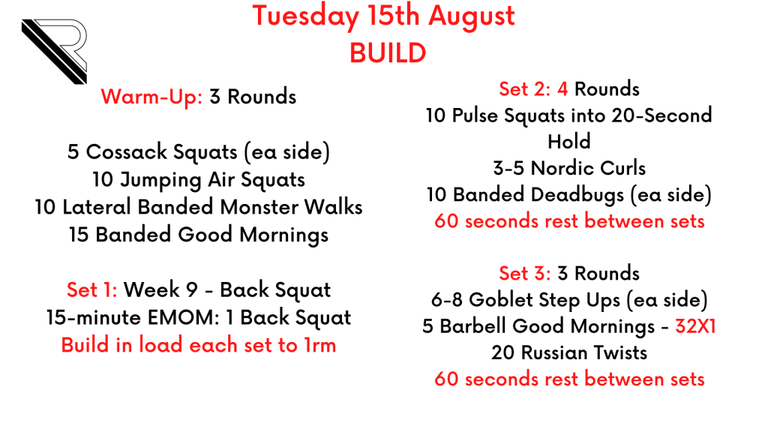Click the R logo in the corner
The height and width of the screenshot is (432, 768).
(x=54, y=51)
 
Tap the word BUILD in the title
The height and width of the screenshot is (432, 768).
(x=388, y=53)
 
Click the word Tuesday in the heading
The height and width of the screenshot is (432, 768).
(x=306, y=16)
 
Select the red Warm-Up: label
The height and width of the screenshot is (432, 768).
(x=151, y=97)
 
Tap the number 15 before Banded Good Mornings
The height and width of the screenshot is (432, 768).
(x=78, y=235)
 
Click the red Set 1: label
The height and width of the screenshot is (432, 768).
(x=92, y=290)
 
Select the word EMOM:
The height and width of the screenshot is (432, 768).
(x=184, y=317)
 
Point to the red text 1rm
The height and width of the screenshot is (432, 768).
(x=319, y=345)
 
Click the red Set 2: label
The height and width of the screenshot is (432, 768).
(x=524, y=89)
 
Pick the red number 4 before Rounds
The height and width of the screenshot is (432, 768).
(x=562, y=89)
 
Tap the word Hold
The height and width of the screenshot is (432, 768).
(x=569, y=142)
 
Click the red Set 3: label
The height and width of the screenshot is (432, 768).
(x=525, y=273)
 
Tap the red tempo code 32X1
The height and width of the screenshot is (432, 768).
(x=695, y=326)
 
